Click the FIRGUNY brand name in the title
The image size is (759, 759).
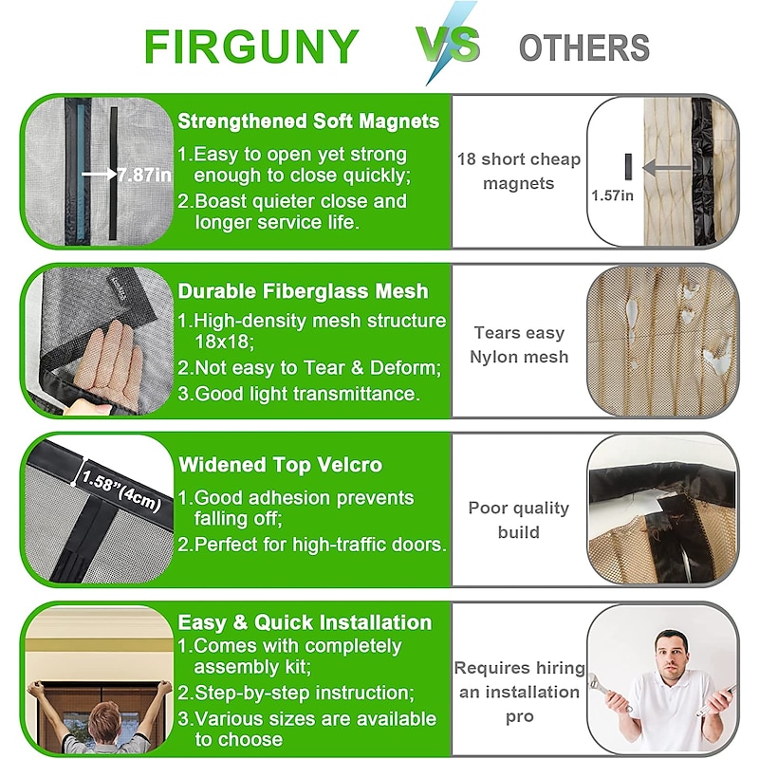tap(251, 46)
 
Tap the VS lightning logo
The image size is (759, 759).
tap(448, 44)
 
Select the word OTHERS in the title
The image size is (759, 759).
tap(584, 48)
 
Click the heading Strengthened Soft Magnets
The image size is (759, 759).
tap(308, 121)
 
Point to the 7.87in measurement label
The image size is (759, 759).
tap(144, 175)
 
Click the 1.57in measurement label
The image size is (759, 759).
tap(612, 195)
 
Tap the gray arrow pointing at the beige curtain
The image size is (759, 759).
tap(667, 168)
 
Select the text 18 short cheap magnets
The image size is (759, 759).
tap(519, 171)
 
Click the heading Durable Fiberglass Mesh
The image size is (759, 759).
tap(303, 291)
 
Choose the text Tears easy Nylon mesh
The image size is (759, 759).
tap(519, 344)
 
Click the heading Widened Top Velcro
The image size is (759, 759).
tap(280, 465)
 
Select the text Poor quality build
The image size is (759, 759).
tap(519, 520)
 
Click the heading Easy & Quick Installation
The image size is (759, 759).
tap(305, 622)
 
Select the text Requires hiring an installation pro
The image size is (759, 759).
tap(519, 693)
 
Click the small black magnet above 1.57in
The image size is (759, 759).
tap(628, 167)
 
